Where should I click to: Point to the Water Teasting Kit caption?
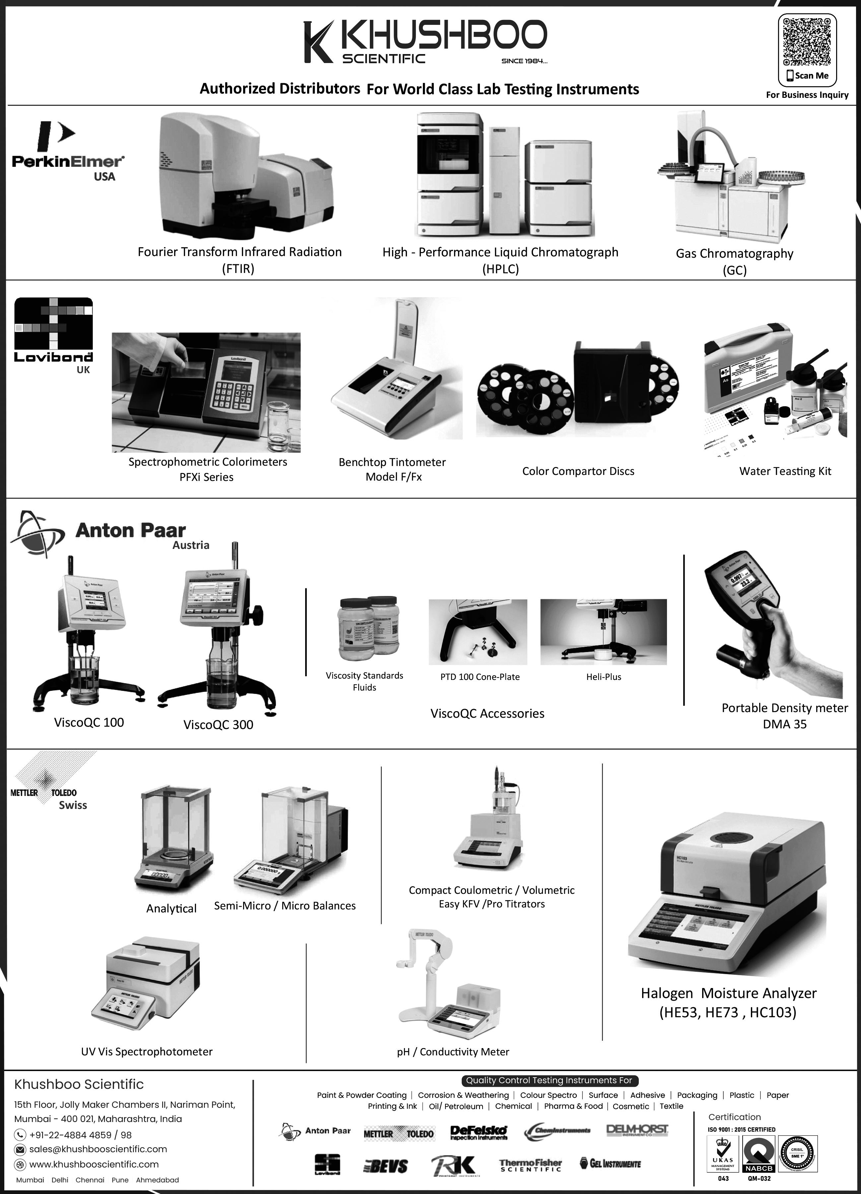coord(785,471)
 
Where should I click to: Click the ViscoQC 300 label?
coord(218,725)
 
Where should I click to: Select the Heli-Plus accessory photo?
coord(604,632)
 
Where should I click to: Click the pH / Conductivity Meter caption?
coord(453,1052)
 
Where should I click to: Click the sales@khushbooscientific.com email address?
coord(98,1149)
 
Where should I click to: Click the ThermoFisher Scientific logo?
coord(530,1165)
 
